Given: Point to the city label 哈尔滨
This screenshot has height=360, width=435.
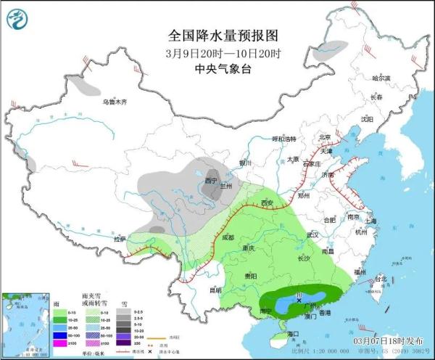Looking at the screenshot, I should (x=381, y=78).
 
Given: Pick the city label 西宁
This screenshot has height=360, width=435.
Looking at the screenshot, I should (x=211, y=180).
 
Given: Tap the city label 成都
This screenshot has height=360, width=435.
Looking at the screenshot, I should (x=228, y=237).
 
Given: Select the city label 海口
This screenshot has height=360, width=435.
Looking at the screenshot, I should (x=293, y=333).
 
